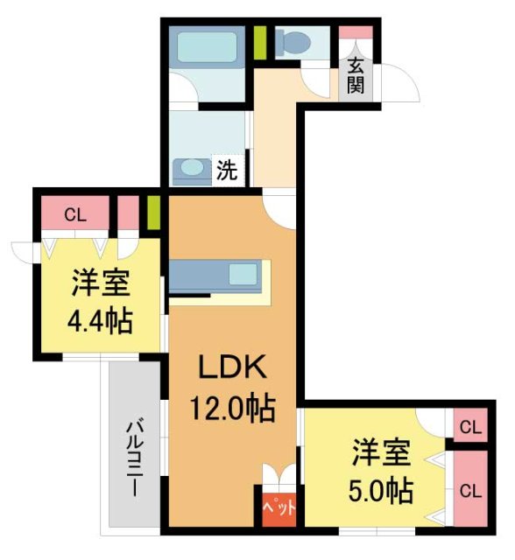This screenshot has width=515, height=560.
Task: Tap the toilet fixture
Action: pyautogui.click(x=290, y=41)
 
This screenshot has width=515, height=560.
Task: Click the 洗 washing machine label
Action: pyautogui.click(x=226, y=171)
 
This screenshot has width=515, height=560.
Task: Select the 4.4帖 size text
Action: pyautogui.click(x=100, y=321)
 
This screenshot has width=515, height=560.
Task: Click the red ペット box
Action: pyautogui.click(x=279, y=508)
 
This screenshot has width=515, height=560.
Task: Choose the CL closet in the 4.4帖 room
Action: pyautogui.click(x=74, y=213)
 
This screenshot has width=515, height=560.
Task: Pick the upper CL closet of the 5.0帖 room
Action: pyautogui.click(x=470, y=428)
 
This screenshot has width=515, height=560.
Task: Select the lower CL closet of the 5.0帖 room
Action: pyautogui.click(x=470, y=489)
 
